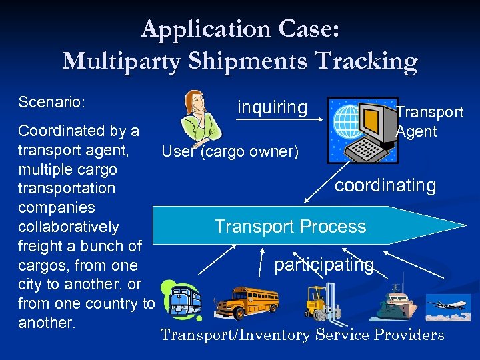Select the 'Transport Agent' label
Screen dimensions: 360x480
[x=429, y=121]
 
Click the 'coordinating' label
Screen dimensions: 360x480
[x=385, y=185]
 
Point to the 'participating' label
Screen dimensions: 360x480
[x=324, y=265]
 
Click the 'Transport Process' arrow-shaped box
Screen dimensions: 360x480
[x=290, y=226]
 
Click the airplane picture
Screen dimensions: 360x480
[x=448, y=306]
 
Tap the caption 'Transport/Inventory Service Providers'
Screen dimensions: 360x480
[x=302, y=335]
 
